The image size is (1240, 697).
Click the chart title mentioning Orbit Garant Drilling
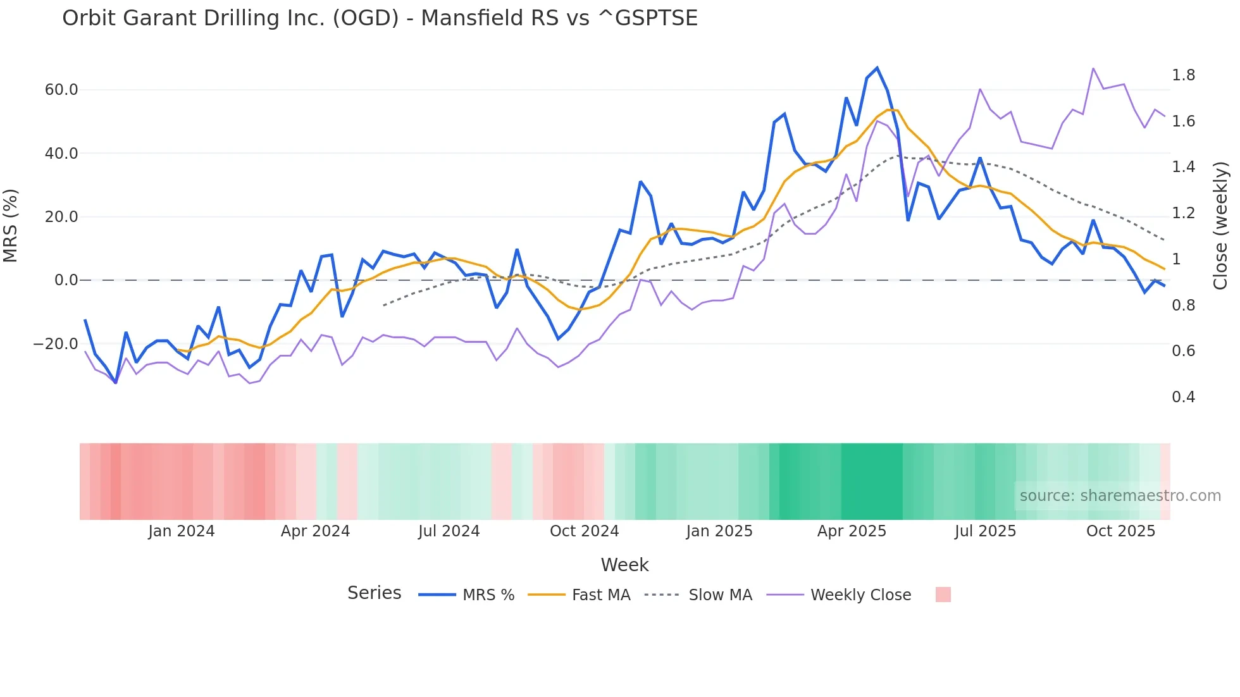[380, 18]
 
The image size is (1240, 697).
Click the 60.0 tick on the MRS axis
[61, 90]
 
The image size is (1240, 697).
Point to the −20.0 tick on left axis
[56, 344]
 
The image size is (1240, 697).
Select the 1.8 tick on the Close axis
[1183, 75]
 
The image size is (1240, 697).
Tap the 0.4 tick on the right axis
[1183, 397]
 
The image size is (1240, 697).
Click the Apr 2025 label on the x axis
[852, 531]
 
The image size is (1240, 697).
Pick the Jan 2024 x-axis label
[182, 531]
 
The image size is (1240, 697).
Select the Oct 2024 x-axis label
[584, 531]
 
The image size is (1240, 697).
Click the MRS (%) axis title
[10, 226]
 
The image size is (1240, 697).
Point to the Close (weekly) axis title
[1220, 226]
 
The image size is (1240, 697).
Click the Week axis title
[624, 565]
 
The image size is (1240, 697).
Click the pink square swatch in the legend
[943, 595]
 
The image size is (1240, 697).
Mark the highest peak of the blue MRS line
[877, 68]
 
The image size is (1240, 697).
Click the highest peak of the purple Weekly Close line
[1093, 68]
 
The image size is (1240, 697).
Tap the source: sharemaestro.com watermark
[1120, 496]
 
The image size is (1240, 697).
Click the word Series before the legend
[374, 593]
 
